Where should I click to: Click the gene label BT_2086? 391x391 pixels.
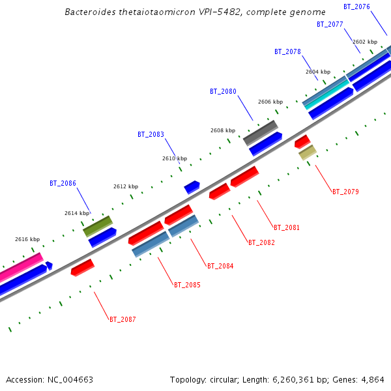click(x=63, y=183)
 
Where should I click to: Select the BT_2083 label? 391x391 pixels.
click(x=151, y=134)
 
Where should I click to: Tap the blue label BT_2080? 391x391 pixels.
click(x=223, y=91)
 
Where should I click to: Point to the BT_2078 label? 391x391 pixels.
click(x=287, y=51)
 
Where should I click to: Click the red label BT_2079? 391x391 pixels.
click(x=345, y=192)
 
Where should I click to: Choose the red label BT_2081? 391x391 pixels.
click(x=287, y=227)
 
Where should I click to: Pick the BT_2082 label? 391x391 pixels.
click(x=261, y=242)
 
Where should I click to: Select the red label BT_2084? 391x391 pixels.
click(x=220, y=266)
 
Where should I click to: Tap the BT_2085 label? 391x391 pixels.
click(x=187, y=285)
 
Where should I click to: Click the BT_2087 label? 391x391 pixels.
click(x=123, y=319)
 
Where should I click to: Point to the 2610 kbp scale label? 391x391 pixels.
click(x=175, y=158)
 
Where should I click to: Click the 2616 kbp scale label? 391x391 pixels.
click(x=27, y=239)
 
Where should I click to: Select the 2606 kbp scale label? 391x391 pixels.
click(x=270, y=102)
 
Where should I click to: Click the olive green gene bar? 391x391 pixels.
click(x=98, y=226)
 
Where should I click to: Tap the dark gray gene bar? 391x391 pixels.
click(x=260, y=132)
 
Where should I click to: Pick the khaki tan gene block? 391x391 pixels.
click(x=307, y=152)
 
